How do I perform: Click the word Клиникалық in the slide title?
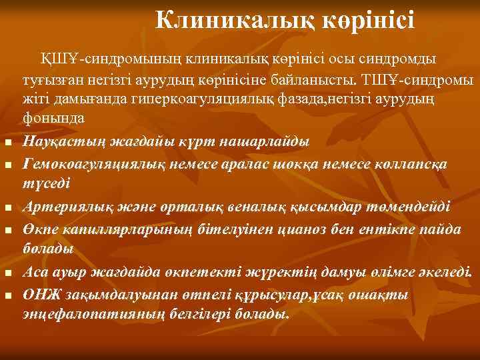pyautogui.click(x=221, y=20)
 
